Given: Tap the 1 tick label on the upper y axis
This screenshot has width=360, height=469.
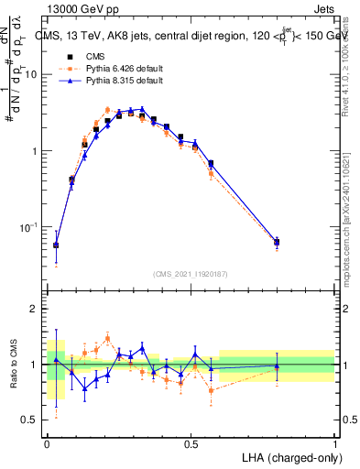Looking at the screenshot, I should pyautogui.click(x=34, y=150).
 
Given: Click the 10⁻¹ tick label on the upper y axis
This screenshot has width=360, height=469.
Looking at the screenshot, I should pyautogui.click(x=29, y=226).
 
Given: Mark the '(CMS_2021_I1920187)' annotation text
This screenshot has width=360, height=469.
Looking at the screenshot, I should pyautogui.click(x=191, y=273).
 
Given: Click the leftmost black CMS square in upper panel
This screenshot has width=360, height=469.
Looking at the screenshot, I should pyautogui.click(x=56, y=245).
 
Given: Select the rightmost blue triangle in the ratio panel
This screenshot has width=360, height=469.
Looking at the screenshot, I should pyautogui.click(x=277, y=366).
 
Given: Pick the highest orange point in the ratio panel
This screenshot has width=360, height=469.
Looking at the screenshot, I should pyautogui.click(x=107, y=338).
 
